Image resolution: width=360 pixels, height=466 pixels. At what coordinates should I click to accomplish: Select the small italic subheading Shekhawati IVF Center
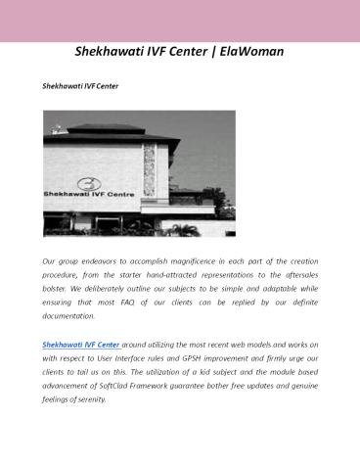pyautogui.click(x=80, y=87)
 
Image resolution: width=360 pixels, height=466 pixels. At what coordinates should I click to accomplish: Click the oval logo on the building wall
pyautogui.click(x=89, y=183)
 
